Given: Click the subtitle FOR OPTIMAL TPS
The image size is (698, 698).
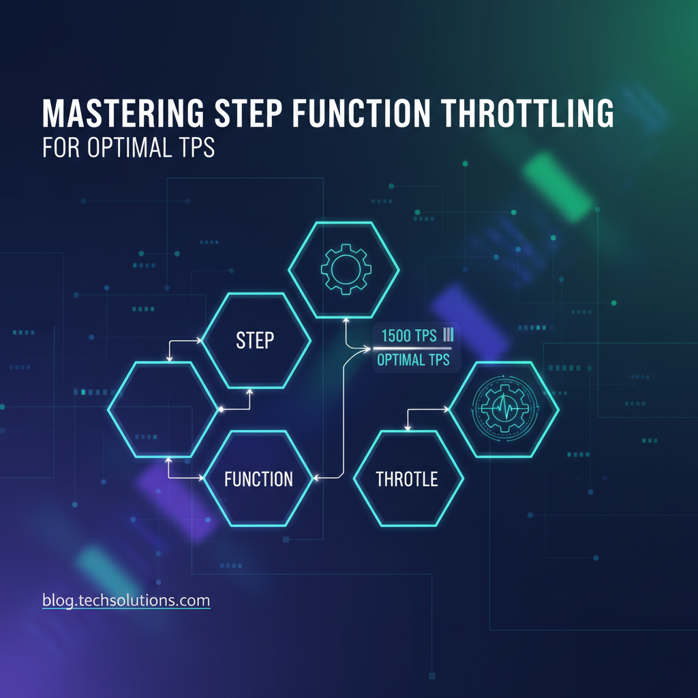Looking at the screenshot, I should [x=128, y=148].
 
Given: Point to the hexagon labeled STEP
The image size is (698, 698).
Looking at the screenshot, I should [x=255, y=341].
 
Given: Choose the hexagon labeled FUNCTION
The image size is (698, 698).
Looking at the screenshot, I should [x=258, y=479].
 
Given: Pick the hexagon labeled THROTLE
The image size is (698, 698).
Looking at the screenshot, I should [x=407, y=479].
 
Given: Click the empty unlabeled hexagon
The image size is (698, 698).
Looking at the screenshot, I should [x=164, y=409].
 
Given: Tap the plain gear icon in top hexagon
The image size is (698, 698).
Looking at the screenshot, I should [x=346, y=270].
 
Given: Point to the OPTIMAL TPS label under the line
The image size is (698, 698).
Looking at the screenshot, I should [x=413, y=360].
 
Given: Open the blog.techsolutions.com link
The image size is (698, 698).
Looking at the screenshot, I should [x=126, y=601].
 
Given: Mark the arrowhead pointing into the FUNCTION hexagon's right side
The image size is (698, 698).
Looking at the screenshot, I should [x=316, y=478].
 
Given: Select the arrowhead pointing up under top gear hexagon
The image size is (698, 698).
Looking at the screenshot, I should [x=346, y=318].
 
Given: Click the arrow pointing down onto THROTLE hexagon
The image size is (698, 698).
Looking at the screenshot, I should [x=408, y=427].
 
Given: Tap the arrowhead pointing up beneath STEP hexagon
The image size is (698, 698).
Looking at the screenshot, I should [x=249, y=391].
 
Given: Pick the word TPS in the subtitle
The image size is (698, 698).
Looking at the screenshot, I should [x=198, y=148].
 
